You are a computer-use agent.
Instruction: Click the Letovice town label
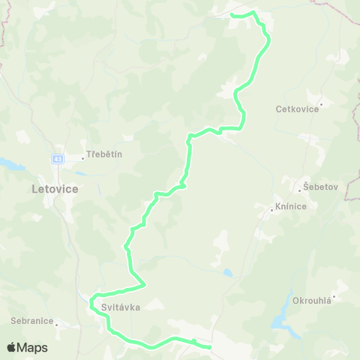[x=55, y=189]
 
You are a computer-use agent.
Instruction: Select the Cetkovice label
[x=298, y=109]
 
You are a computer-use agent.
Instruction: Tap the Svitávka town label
[x=115, y=306]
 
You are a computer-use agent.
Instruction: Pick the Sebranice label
[x=31, y=320]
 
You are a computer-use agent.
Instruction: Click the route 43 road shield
[x=58, y=158]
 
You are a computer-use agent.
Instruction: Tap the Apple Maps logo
[x=27, y=347]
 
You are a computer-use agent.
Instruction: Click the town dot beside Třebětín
[x=82, y=157]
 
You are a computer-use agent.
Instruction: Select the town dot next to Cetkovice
[x=321, y=104]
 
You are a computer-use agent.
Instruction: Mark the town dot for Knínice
[x=271, y=211]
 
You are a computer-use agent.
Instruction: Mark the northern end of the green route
[x=231, y=15]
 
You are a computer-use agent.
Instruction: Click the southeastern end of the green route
[x=209, y=347]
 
